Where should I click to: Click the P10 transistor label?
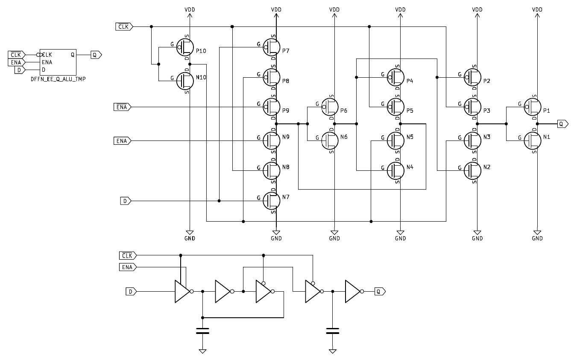tap(201, 51)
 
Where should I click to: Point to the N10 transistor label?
tap(201, 77)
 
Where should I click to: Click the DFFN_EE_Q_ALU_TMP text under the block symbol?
tap(58, 79)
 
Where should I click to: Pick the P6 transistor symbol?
tap(329, 106)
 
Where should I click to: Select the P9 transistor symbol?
tap(271, 106)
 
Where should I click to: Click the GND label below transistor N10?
tap(189, 238)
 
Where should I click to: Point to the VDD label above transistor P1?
tap(537, 9)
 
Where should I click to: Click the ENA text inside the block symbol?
tap(47, 62)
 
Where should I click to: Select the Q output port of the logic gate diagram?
tap(380, 292)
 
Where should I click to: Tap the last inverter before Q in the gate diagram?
tap(353, 292)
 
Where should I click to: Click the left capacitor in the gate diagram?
tap(202, 331)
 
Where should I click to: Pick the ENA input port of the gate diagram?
tap(127, 267)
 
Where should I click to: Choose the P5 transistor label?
tap(410, 111)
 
